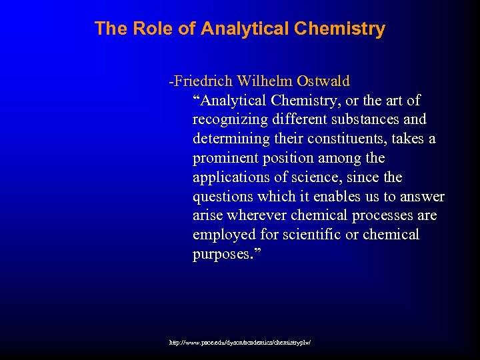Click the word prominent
(222, 159)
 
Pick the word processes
(380, 216)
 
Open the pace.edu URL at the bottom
(241, 342)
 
